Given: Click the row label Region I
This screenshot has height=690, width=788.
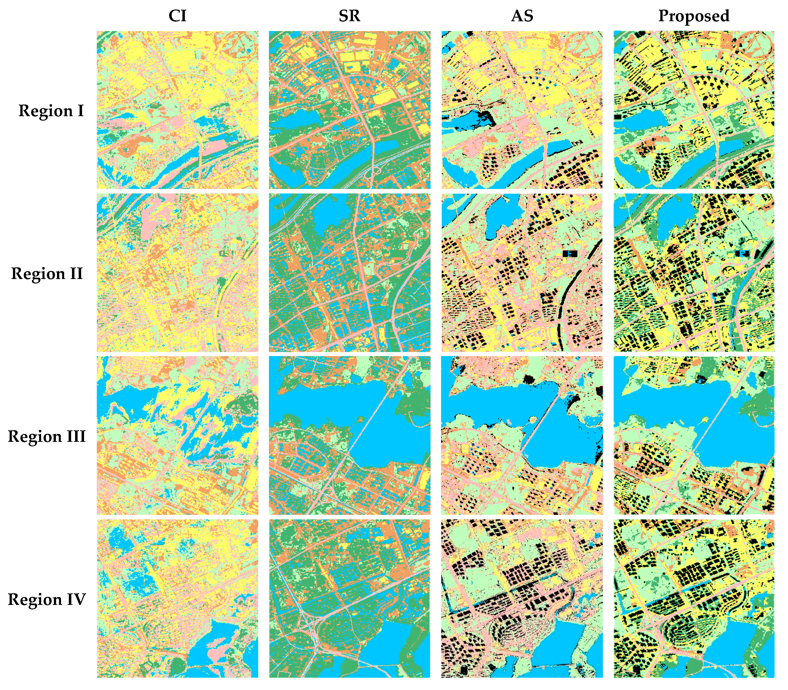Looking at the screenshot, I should tap(51, 111).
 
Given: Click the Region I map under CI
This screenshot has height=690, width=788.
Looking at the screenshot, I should tap(177, 110).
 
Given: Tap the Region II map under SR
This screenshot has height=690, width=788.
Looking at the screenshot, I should tap(349, 273).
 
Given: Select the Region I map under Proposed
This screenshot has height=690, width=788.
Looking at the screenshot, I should tap(694, 110).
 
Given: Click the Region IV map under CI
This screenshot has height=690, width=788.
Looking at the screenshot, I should tap(177, 599).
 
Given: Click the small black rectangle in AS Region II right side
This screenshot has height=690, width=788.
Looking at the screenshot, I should tap(570, 253).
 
